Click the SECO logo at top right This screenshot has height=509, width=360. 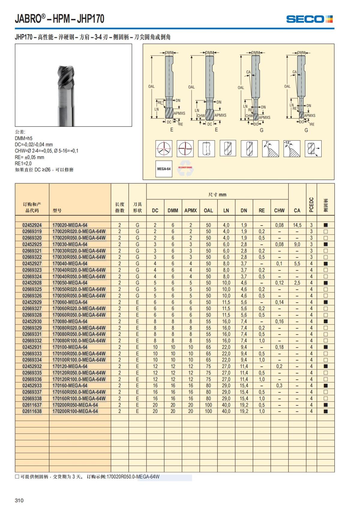[x=309, y=19]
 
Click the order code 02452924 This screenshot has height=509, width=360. [x=32, y=225]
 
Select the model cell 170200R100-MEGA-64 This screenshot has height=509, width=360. [x=75, y=411]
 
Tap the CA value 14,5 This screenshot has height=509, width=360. [x=297, y=225]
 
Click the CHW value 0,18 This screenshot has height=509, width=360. [x=279, y=347]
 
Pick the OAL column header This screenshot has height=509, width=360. [x=208, y=211]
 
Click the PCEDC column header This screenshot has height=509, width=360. [x=311, y=205]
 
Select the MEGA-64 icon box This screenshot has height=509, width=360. [x=164, y=169]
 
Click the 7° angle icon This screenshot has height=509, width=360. [x=271, y=148]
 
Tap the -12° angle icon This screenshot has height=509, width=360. [x=292, y=148]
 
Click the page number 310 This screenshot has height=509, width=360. [x=19, y=500]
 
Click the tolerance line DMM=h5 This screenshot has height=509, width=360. [x=23, y=138]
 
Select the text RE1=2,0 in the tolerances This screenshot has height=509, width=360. [x=23, y=163]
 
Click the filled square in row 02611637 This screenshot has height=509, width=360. [x=326, y=405]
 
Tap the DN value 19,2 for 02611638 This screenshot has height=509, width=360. [x=244, y=411]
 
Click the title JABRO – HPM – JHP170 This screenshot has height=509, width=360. [x=59, y=19]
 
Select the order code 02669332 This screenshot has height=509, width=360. [x=32, y=341]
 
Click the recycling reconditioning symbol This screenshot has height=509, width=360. [x=185, y=169]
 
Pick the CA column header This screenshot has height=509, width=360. [x=297, y=211]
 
